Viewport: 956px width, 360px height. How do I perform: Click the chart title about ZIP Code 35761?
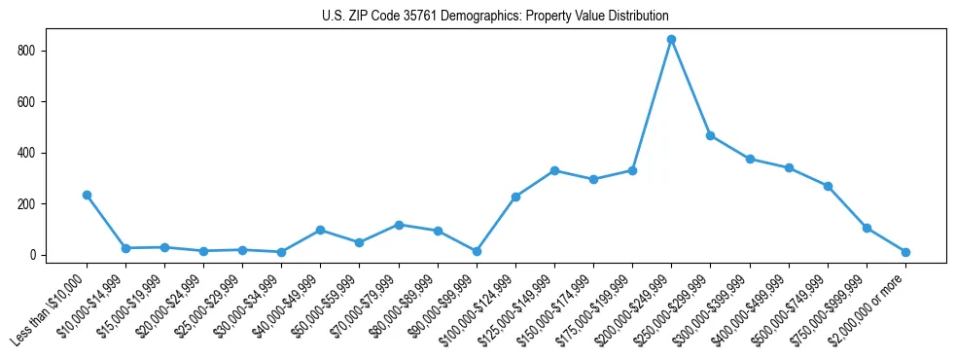click(495, 16)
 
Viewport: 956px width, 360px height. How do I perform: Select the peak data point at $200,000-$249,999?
click(671, 40)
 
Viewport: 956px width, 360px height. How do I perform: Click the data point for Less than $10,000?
click(87, 195)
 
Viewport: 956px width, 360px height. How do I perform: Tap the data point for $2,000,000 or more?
click(905, 252)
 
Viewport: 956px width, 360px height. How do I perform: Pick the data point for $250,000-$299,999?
click(710, 135)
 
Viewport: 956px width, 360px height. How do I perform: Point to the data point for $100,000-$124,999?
click(515, 197)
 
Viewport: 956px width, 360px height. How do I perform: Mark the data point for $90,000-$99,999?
click(477, 251)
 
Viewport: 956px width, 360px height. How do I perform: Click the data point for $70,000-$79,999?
click(399, 225)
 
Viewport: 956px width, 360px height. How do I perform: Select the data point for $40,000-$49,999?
click(320, 230)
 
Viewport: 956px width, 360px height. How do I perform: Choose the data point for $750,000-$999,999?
click(867, 228)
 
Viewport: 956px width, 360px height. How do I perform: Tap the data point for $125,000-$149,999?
click(554, 170)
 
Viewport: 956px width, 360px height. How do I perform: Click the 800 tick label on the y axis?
click(32, 51)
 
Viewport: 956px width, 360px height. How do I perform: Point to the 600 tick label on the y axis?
click(32, 102)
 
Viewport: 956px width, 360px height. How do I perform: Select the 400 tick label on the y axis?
click(32, 153)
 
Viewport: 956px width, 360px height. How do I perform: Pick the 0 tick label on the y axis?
click(38, 255)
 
